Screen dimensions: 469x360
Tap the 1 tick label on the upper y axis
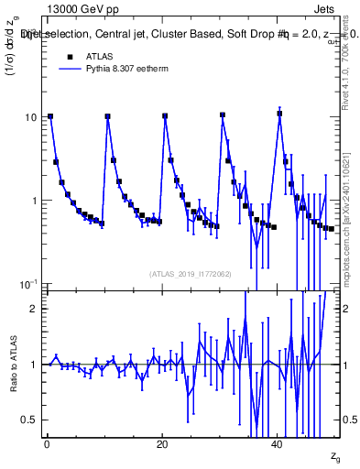click(x=35, y=201)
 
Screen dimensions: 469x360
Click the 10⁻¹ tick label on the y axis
click(x=28, y=283)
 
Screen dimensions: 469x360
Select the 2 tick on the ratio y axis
click(x=35, y=309)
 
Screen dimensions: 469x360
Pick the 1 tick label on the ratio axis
click(x=35, y=365)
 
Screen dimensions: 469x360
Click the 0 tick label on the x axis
click(x=47, y=444)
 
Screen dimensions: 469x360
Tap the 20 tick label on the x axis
click(x=162, y=444)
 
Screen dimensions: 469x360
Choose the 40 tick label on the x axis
click(x=278, y=444)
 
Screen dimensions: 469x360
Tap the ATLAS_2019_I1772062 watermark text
click(x=191, y=274)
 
